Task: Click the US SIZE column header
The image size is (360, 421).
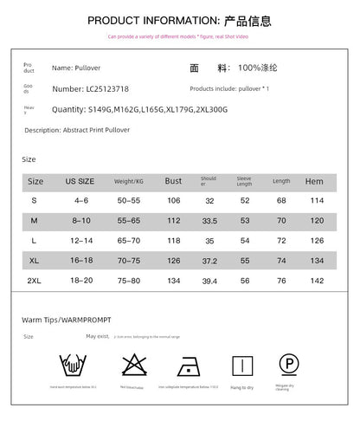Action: [x=80, y=181]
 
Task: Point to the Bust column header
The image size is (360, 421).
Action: [x=173, y=181]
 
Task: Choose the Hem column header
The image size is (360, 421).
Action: [x=313, y=181]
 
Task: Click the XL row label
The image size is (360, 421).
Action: [x=35, y=260]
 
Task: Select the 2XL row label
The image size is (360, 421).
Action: [x=35, y=281]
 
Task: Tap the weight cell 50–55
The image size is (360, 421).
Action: [x=128, y=201]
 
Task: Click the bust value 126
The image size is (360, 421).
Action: [x=173, y=260]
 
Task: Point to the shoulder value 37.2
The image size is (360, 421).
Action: [x=209, y=260]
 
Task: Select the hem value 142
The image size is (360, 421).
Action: [x=317, y=281]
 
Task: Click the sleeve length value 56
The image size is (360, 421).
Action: [x=245, y=281]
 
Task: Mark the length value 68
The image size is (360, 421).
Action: [x=281, y=201]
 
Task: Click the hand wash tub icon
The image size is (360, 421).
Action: [x=73, y=364]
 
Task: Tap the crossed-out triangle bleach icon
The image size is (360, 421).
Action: [x=132, y=363]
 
